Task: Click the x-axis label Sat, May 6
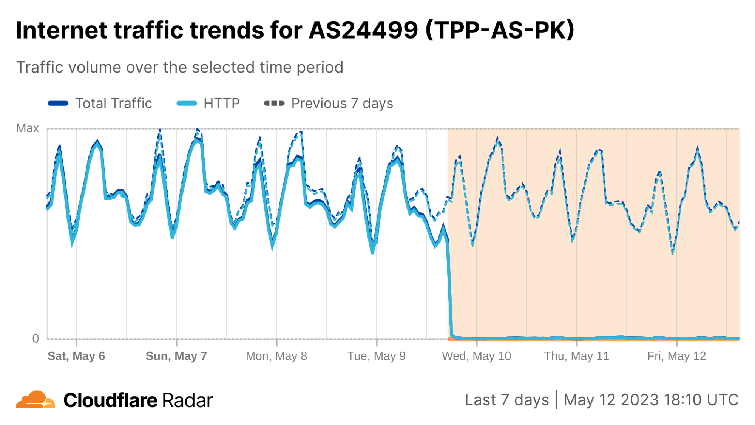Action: [76, 356]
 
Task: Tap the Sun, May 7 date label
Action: [176, 356]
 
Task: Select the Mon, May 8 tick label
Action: [276, 356]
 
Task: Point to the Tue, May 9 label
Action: [376, 356]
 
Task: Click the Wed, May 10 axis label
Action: [476, 356]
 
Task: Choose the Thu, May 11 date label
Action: [576, 356]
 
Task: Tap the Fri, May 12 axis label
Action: [676, 356]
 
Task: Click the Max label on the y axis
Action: [27, 128]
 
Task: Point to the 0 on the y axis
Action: [36, 338]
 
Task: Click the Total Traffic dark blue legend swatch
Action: [58, 104]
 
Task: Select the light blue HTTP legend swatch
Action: [187, 104]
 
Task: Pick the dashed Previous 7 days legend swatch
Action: [274, 104]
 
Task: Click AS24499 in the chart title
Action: [363, 30]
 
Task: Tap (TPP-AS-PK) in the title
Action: [500, 30]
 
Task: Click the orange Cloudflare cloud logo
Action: [35, 400]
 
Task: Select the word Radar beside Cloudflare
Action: [188, 400]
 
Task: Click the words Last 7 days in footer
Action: [506, 400]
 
